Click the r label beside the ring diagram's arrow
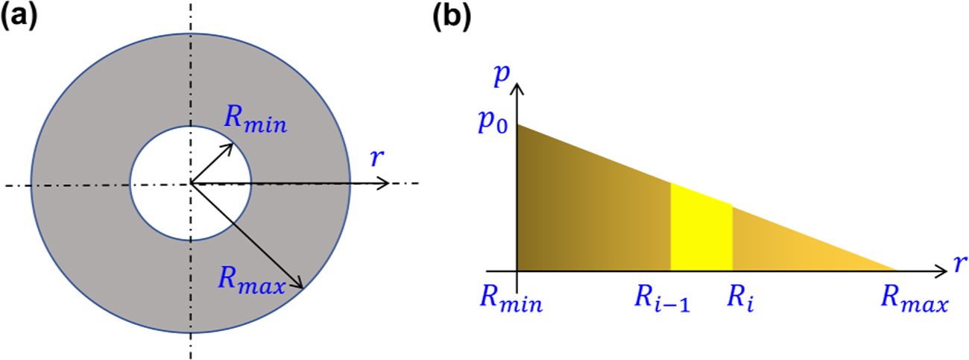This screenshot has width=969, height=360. point(376,158)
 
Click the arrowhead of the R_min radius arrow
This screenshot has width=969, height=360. point(230,145)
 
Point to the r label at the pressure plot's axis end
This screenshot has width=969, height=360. point(957,262)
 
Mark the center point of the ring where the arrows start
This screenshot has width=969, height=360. point(191,183)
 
